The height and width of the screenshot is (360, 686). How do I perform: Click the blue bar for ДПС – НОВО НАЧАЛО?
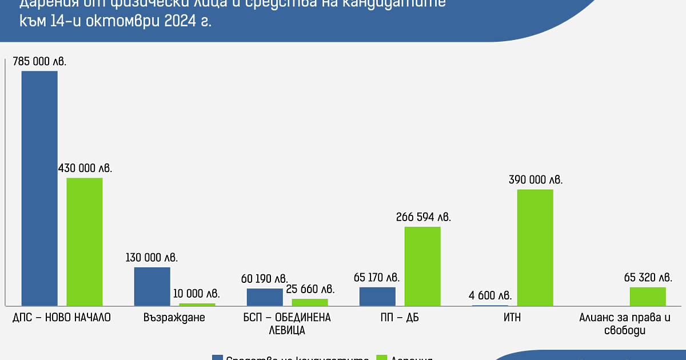coord(39,188)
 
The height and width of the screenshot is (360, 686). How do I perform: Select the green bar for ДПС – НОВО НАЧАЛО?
coord(85,242)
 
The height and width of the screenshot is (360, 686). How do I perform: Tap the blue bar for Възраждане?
coord(152,286)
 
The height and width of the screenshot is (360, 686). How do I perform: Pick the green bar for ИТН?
coord(535,247)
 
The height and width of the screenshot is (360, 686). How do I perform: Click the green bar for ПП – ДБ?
coord(422,266)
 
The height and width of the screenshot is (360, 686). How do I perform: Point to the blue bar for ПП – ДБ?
coord(377,296)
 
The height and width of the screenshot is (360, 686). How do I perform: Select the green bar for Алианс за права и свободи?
coord(648,296)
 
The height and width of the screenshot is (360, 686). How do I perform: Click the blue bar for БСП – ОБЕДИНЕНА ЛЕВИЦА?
coord(265,297)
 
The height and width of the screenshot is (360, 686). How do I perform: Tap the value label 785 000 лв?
coord(39,61)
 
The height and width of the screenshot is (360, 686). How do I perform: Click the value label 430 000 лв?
coord(85,168)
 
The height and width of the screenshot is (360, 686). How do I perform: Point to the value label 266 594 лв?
coord(423,217)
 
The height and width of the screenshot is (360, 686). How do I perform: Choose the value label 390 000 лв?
coord(536,179)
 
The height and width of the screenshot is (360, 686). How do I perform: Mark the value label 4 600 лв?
coord(490,295)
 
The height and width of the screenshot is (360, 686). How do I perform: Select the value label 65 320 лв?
coord(648,278)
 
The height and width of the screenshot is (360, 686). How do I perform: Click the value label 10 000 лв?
coord(197,294)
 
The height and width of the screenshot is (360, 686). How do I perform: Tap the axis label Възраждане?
coord(174,318)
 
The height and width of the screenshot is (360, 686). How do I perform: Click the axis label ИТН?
coord(513,318)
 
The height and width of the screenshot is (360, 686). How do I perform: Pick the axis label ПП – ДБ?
coord(400,318)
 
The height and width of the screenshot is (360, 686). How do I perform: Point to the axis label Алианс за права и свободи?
coord(625,323)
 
